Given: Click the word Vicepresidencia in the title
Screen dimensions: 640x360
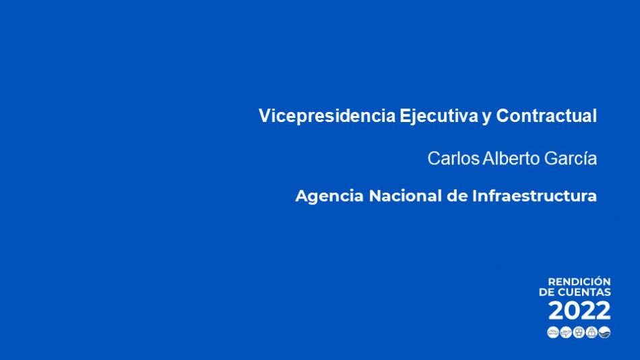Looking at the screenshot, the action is tap(327, 116).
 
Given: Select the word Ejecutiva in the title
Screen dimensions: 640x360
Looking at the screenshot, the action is tap(439, 116).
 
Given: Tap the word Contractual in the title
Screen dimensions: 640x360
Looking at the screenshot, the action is tap(546, 116).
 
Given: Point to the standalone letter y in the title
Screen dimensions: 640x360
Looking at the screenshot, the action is tap(486, 118).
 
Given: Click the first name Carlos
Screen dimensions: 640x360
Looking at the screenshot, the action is tap(453, 158).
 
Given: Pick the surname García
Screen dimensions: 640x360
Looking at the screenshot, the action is tap(571, 158).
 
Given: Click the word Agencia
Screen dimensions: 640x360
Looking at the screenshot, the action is tap(329, 197).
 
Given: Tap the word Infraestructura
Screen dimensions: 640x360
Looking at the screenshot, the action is tap(535, 196).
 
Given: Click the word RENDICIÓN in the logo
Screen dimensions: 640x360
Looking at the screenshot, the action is tap(579, 282).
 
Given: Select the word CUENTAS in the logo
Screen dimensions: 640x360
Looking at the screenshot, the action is tap(585, 292).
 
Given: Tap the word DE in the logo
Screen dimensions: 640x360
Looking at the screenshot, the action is tap(547, 292).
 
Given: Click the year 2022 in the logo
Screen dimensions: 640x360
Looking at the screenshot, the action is tap(579, 311).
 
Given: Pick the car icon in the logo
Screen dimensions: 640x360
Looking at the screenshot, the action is tap(553, 332).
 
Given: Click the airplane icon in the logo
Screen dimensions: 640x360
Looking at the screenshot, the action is tap(566, 332).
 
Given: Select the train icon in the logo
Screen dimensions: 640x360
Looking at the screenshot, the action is tap(579, 332).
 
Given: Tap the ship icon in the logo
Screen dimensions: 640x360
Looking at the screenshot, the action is tap(591, 332).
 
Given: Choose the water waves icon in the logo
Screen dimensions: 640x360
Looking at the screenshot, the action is tap(604, 332).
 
